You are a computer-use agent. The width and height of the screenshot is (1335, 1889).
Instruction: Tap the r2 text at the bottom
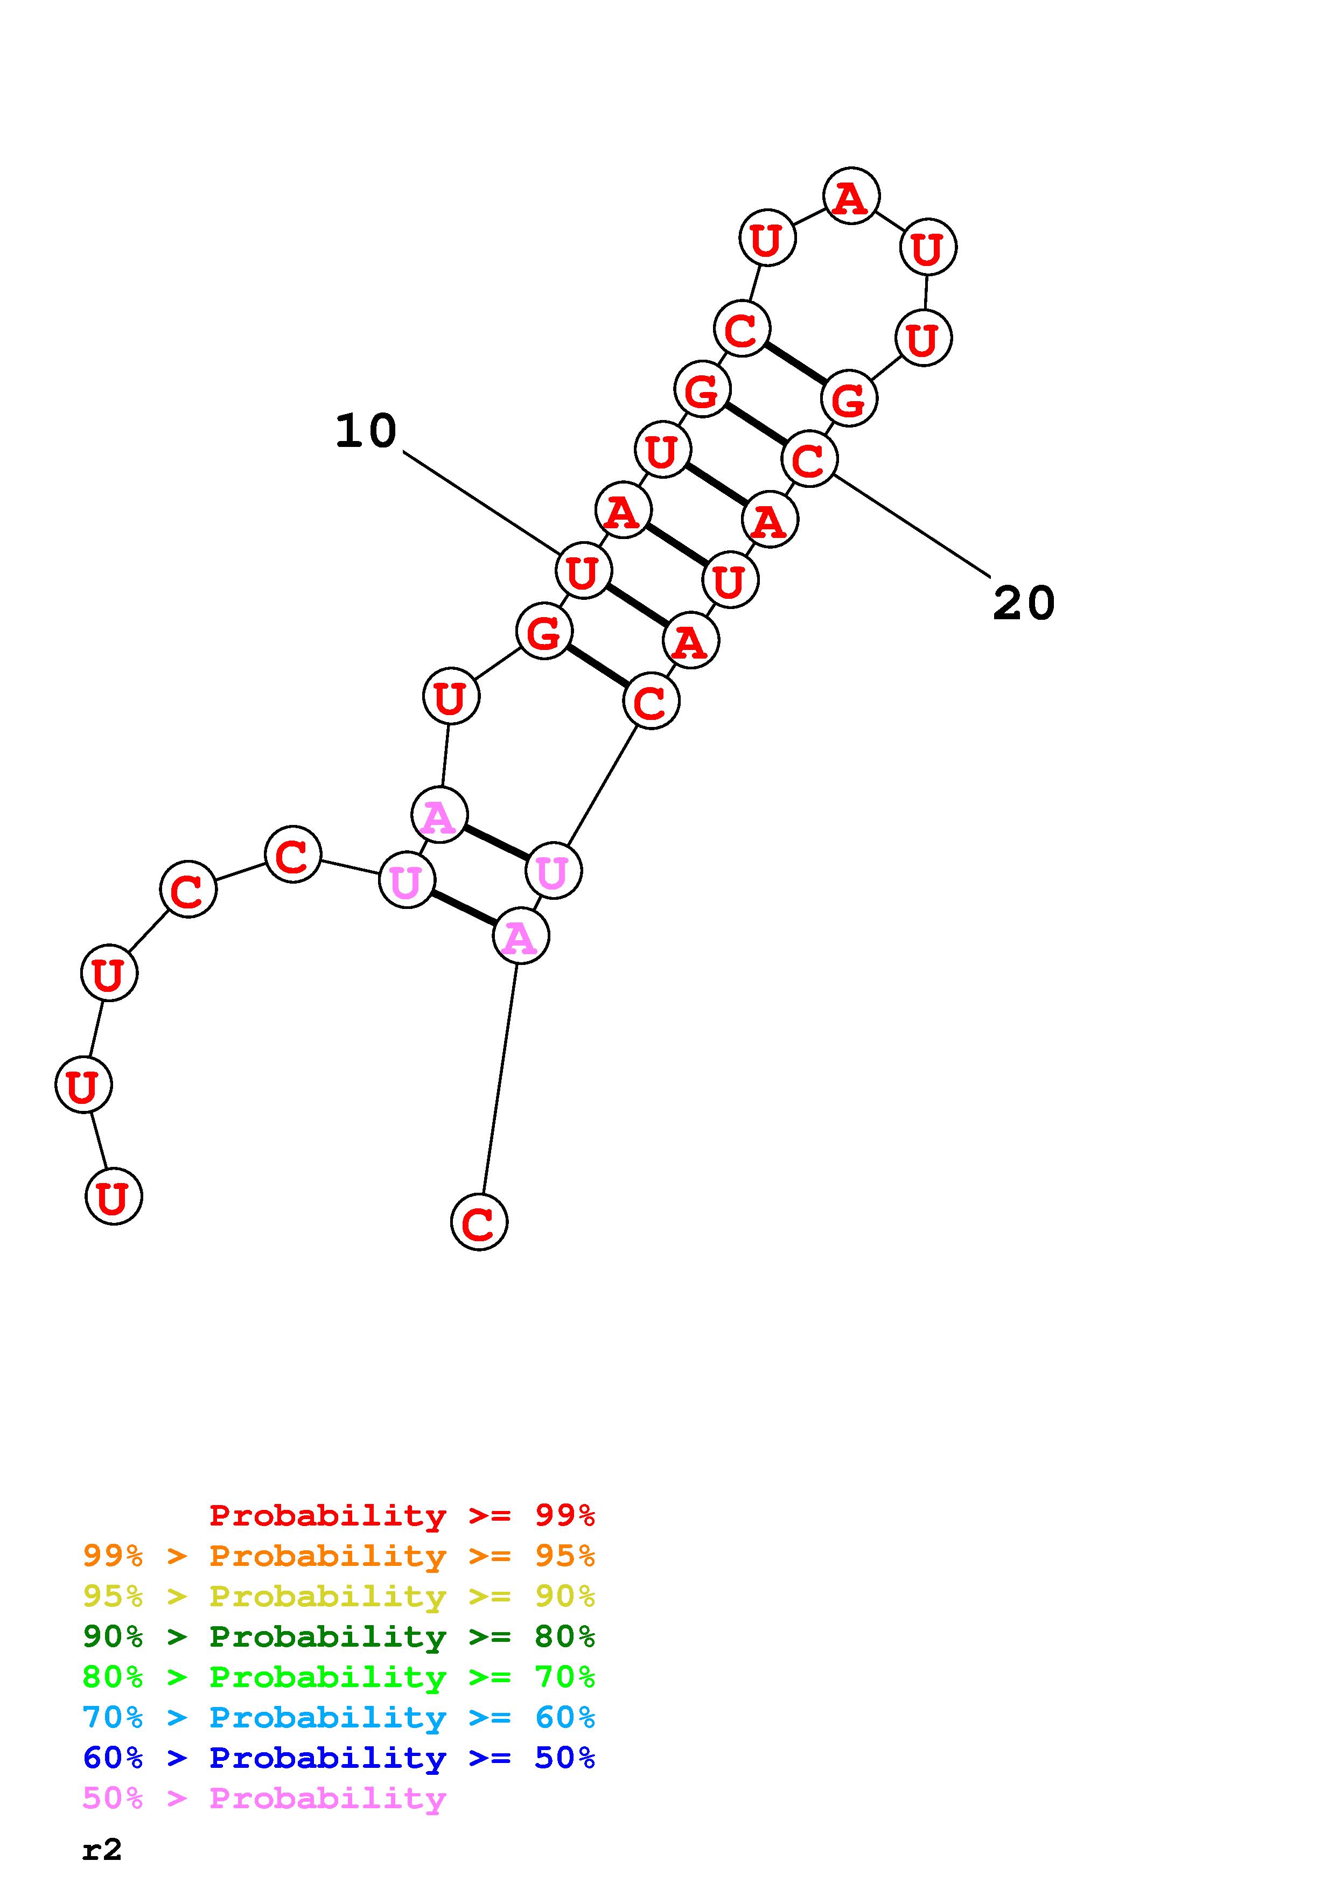pyautogui.click(x=102, y=1850)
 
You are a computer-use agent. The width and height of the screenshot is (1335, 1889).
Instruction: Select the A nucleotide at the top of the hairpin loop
pyautogui.click(x=851, y=197)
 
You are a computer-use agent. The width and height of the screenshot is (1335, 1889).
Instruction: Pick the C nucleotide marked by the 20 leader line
pyautogui.click(x=809, y=459)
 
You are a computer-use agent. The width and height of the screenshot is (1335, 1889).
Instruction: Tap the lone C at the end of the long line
pyautogui.click(x=479, y=1222)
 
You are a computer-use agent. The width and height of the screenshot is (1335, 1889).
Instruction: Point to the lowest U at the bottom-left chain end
pyautogui.click(x=114, y=1197)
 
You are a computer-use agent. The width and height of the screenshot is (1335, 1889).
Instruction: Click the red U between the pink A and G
pyautogui.click(x=451, y=697)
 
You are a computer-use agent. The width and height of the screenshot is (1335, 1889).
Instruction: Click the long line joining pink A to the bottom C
pyautogui.click(x=499, y=1078)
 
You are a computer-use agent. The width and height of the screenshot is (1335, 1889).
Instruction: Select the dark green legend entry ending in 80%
pyautogui.click(x=339, y=1636)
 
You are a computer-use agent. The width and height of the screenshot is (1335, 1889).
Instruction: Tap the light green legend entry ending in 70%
pyautogui.click(x=339, y=1677)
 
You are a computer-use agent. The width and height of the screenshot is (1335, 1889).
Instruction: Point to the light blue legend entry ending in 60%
pyautogui.click(x=339, y=1717)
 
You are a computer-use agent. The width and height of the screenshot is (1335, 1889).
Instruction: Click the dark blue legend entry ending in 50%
pyautogui.click(x=339, y=1758)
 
